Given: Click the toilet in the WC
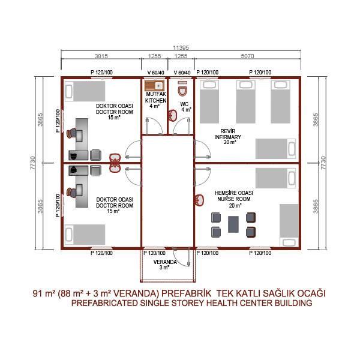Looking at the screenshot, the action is pyautogui.click(x=182, y=89).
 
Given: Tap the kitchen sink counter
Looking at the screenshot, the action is pyautogui.click(x=154, y=86).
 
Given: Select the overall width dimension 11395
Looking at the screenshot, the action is pyautogui.click(x=181, y=48).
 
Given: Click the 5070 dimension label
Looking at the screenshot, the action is pyautogui.click(x=247, y=56).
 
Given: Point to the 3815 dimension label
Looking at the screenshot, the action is pyautogui.click(x=101, y=56).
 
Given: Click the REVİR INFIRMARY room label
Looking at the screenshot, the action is pyautogui.click(x=228, y=137).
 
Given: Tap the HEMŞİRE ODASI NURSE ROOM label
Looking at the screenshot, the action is pyautogui.click(x=234, y=199).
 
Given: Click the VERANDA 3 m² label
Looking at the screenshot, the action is pyautogui.click(x=165, y=265).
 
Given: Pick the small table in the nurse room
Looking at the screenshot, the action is pyautogui.click(x=233, y=224).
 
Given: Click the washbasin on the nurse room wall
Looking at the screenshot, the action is pyautogui.click(x=199, y=200).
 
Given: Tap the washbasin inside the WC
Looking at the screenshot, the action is pyautogui.click(x=173, y=115).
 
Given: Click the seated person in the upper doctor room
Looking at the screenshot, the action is pyautogui.click(x=71, y=133).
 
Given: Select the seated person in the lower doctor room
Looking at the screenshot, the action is pyautogui.click(x=71, y=193).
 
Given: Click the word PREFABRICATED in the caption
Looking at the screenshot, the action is pyautogui.click(x=104, y=303).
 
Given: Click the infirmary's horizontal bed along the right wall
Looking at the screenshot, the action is pyautogui.click(x=275, y=149).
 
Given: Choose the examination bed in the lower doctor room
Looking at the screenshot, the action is pyautogui.click(x=85, y=235).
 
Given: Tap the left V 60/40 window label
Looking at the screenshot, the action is pyautogui.click(x=155, y=73).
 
